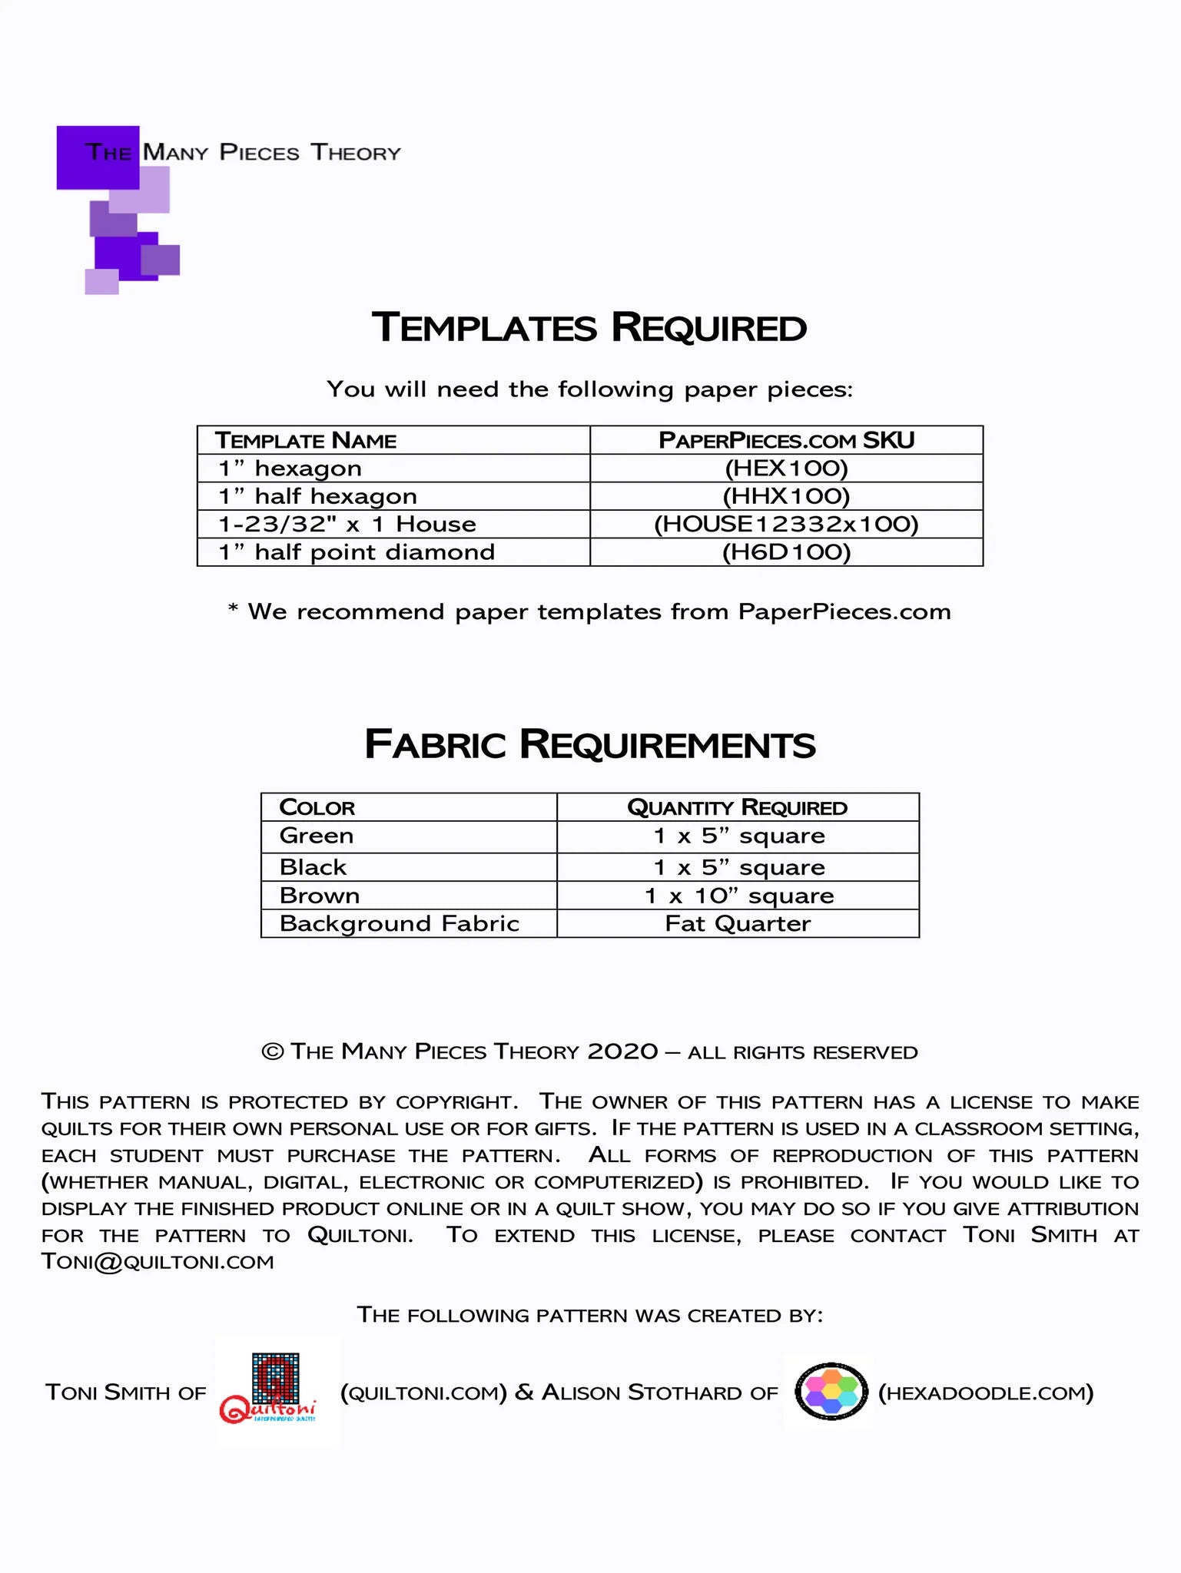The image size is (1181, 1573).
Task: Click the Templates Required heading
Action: pos(589,328)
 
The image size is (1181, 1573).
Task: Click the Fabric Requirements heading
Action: pos(589,744)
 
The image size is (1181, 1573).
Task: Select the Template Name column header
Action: pos(306,441)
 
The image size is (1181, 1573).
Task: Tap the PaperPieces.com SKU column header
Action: pos(786,441)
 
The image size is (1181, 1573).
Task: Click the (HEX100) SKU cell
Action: pos(786,469)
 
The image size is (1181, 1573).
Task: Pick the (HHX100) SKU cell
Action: pos(786,496)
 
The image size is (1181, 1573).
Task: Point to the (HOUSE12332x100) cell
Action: pos(786,525)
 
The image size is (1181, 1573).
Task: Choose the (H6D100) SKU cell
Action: pos(786,552)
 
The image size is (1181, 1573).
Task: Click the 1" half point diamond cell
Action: pos(357,552)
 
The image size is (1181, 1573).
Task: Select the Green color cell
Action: pos(317,836)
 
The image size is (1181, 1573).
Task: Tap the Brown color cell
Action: pos(320,896)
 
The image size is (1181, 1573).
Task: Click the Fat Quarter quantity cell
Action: pos(738,923)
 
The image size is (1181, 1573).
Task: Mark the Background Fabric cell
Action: pos(400,923)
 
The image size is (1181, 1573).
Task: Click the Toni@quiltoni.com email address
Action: pos(158,1262)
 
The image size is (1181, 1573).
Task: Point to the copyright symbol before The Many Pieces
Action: pos(273,1051)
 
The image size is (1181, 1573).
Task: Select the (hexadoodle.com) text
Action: pos(986,1393)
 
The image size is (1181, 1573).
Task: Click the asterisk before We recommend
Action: pos(233,610)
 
